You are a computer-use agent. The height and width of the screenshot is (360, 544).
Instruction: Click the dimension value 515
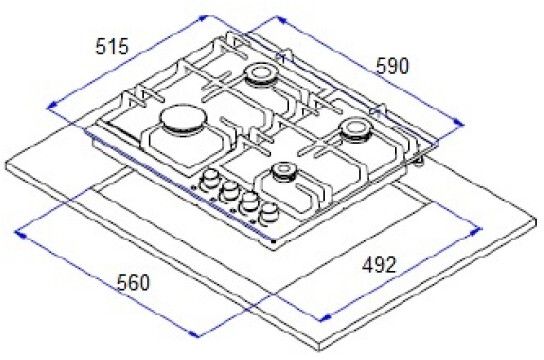[112, 46]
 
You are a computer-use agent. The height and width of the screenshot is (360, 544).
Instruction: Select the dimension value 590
[392, 66]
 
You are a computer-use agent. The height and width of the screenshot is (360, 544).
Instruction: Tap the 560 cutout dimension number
[133, 282]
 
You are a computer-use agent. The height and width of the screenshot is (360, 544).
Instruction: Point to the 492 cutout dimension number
[379, 265]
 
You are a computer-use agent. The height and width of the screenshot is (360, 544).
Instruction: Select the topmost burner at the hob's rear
[261, 74]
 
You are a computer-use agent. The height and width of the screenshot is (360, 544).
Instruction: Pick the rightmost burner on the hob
[355, 130]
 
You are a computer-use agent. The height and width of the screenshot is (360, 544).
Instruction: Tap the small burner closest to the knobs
[284, 171]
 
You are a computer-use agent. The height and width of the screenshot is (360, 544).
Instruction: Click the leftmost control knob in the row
[209, 180]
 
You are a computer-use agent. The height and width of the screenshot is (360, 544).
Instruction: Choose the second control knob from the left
[229, 191]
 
